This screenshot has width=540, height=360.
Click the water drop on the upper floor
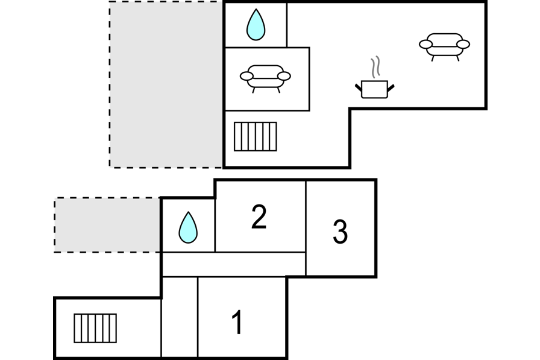(256, 25)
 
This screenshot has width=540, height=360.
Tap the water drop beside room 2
(188, 228)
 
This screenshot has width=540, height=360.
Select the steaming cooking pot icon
(374, 88)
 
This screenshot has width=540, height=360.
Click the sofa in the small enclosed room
(265, 77)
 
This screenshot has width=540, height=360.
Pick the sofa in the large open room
(444, 45)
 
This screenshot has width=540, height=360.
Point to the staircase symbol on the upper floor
(256, 136)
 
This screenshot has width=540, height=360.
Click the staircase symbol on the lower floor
(95, 328)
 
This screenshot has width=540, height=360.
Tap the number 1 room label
(238, 323)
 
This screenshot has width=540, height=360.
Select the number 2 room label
(259, 217)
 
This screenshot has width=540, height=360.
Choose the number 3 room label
(340, 232)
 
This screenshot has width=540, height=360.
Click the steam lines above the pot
(376, 67)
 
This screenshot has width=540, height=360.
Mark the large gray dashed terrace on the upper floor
(166, 84)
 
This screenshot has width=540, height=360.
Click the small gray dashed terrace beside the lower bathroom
(107, 224)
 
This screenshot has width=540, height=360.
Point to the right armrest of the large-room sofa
(463, 44)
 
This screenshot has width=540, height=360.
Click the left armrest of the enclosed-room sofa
(246, 76)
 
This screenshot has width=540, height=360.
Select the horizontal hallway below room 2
(234, 264)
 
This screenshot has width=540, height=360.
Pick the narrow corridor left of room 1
(180, 317)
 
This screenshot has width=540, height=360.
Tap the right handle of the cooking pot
(391, 88)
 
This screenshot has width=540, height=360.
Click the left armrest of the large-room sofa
(425, 44)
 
